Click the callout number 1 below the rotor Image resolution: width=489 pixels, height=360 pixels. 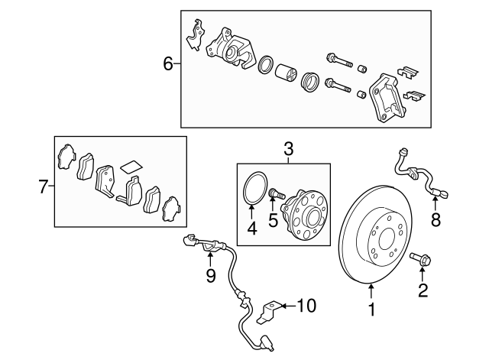click(372, 310)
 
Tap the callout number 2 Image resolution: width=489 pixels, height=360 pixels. click(423, 290)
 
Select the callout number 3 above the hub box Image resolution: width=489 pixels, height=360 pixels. click(288, 151)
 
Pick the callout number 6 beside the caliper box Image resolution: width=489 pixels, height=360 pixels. click(169, 64)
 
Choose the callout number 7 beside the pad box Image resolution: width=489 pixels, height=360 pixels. click(44, 184)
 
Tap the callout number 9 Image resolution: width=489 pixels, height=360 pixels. click(211, 274)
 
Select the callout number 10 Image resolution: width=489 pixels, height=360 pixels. click(305, 306)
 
